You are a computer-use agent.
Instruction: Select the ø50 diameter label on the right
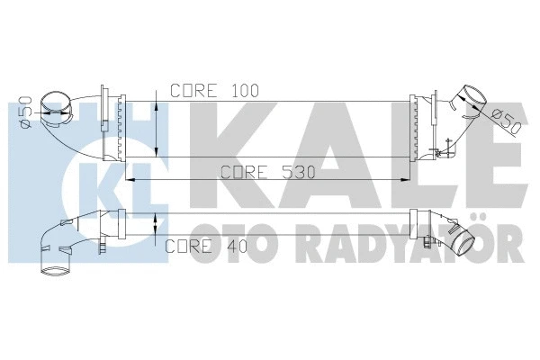tap(506, 118)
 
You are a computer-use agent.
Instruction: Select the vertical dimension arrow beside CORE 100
tap(158, 126)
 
